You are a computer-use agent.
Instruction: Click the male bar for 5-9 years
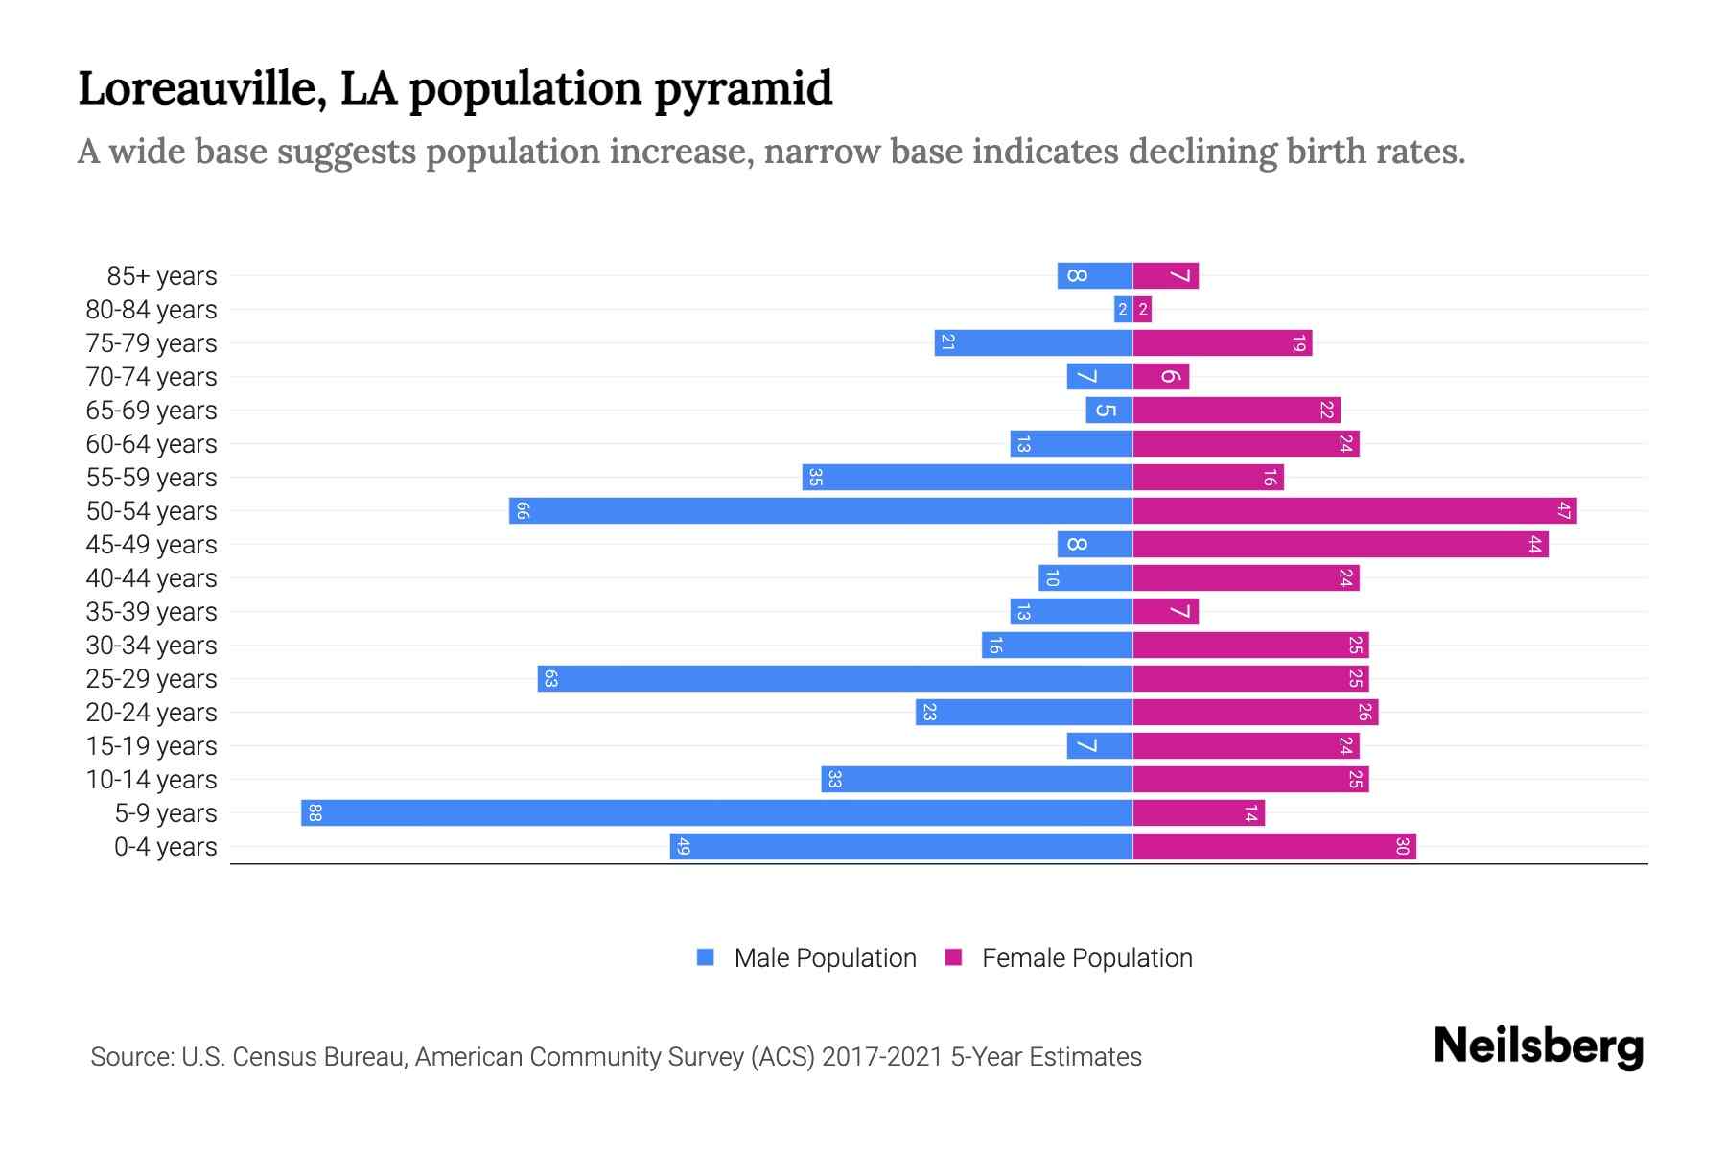[717, 812]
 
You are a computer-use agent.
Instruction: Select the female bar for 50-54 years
[1355, 510]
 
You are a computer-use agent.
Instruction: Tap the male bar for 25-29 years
[835, 678]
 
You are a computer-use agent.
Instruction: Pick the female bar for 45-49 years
[1341, 544]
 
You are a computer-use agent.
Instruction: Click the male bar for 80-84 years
[1123, 309]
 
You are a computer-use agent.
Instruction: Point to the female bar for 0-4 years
[1274, 846]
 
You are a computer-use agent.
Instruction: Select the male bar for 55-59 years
[968, 477]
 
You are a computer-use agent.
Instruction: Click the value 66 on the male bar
[522, 510]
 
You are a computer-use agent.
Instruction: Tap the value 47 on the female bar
[1564, 510]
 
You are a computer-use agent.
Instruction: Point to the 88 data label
[315, 812]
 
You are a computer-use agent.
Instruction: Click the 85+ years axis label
[162, 276]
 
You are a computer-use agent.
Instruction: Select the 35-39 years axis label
[152, 612]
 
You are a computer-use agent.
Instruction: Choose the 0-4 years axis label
[165, 847]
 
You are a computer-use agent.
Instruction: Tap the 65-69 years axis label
[152, 411]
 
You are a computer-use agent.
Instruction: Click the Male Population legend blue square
[706, 957]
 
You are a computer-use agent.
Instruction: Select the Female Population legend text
[1086, 957]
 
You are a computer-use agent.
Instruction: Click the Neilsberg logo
[1538, 1046]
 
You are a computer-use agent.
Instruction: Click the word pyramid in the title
[743, 88]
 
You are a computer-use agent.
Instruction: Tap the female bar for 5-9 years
[1199, 812]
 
